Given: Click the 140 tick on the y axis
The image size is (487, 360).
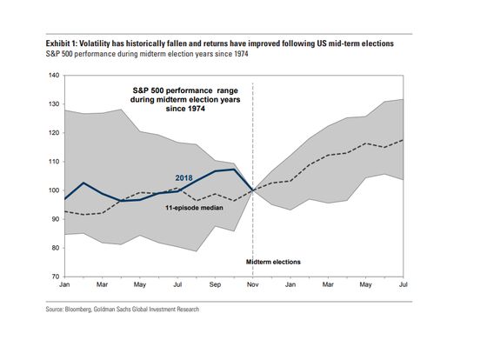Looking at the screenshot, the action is click(54, 75).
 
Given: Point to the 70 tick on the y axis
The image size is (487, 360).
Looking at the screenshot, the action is click(56, 277).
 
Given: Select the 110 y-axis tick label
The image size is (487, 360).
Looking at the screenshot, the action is click(54, 162).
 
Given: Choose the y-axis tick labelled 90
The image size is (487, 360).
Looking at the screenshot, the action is click(56, 219).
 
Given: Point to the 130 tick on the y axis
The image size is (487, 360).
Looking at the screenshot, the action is click(54, 104).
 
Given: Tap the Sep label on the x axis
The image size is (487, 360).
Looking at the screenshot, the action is click(215, 284).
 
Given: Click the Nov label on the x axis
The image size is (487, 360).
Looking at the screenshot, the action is click(253, 284).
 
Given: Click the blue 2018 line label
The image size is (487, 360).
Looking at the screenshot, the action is click(183, 178).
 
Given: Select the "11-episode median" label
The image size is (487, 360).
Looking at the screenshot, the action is click(194, 208).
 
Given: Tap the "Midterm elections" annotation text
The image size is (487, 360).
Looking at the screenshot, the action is click(273, 262).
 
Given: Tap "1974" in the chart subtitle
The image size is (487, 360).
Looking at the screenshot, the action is click(242, 54).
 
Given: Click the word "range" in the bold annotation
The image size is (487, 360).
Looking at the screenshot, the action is click(227, 90).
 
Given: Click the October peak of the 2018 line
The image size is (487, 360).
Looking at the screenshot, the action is click(234, 170).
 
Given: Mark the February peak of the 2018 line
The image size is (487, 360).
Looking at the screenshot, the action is click(83, 183).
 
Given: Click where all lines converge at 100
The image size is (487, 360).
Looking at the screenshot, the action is click(253, 190).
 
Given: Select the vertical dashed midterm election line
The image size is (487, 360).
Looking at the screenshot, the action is click(253, 179).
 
